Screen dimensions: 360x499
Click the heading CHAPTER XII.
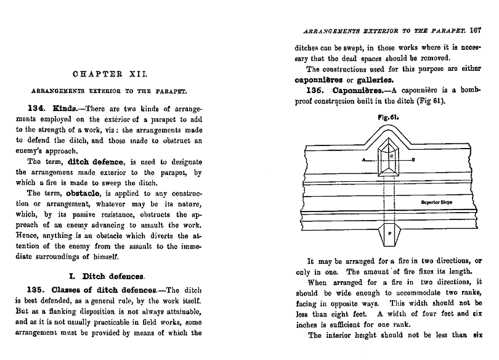point(110,74)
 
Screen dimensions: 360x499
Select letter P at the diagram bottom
point(389,235)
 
